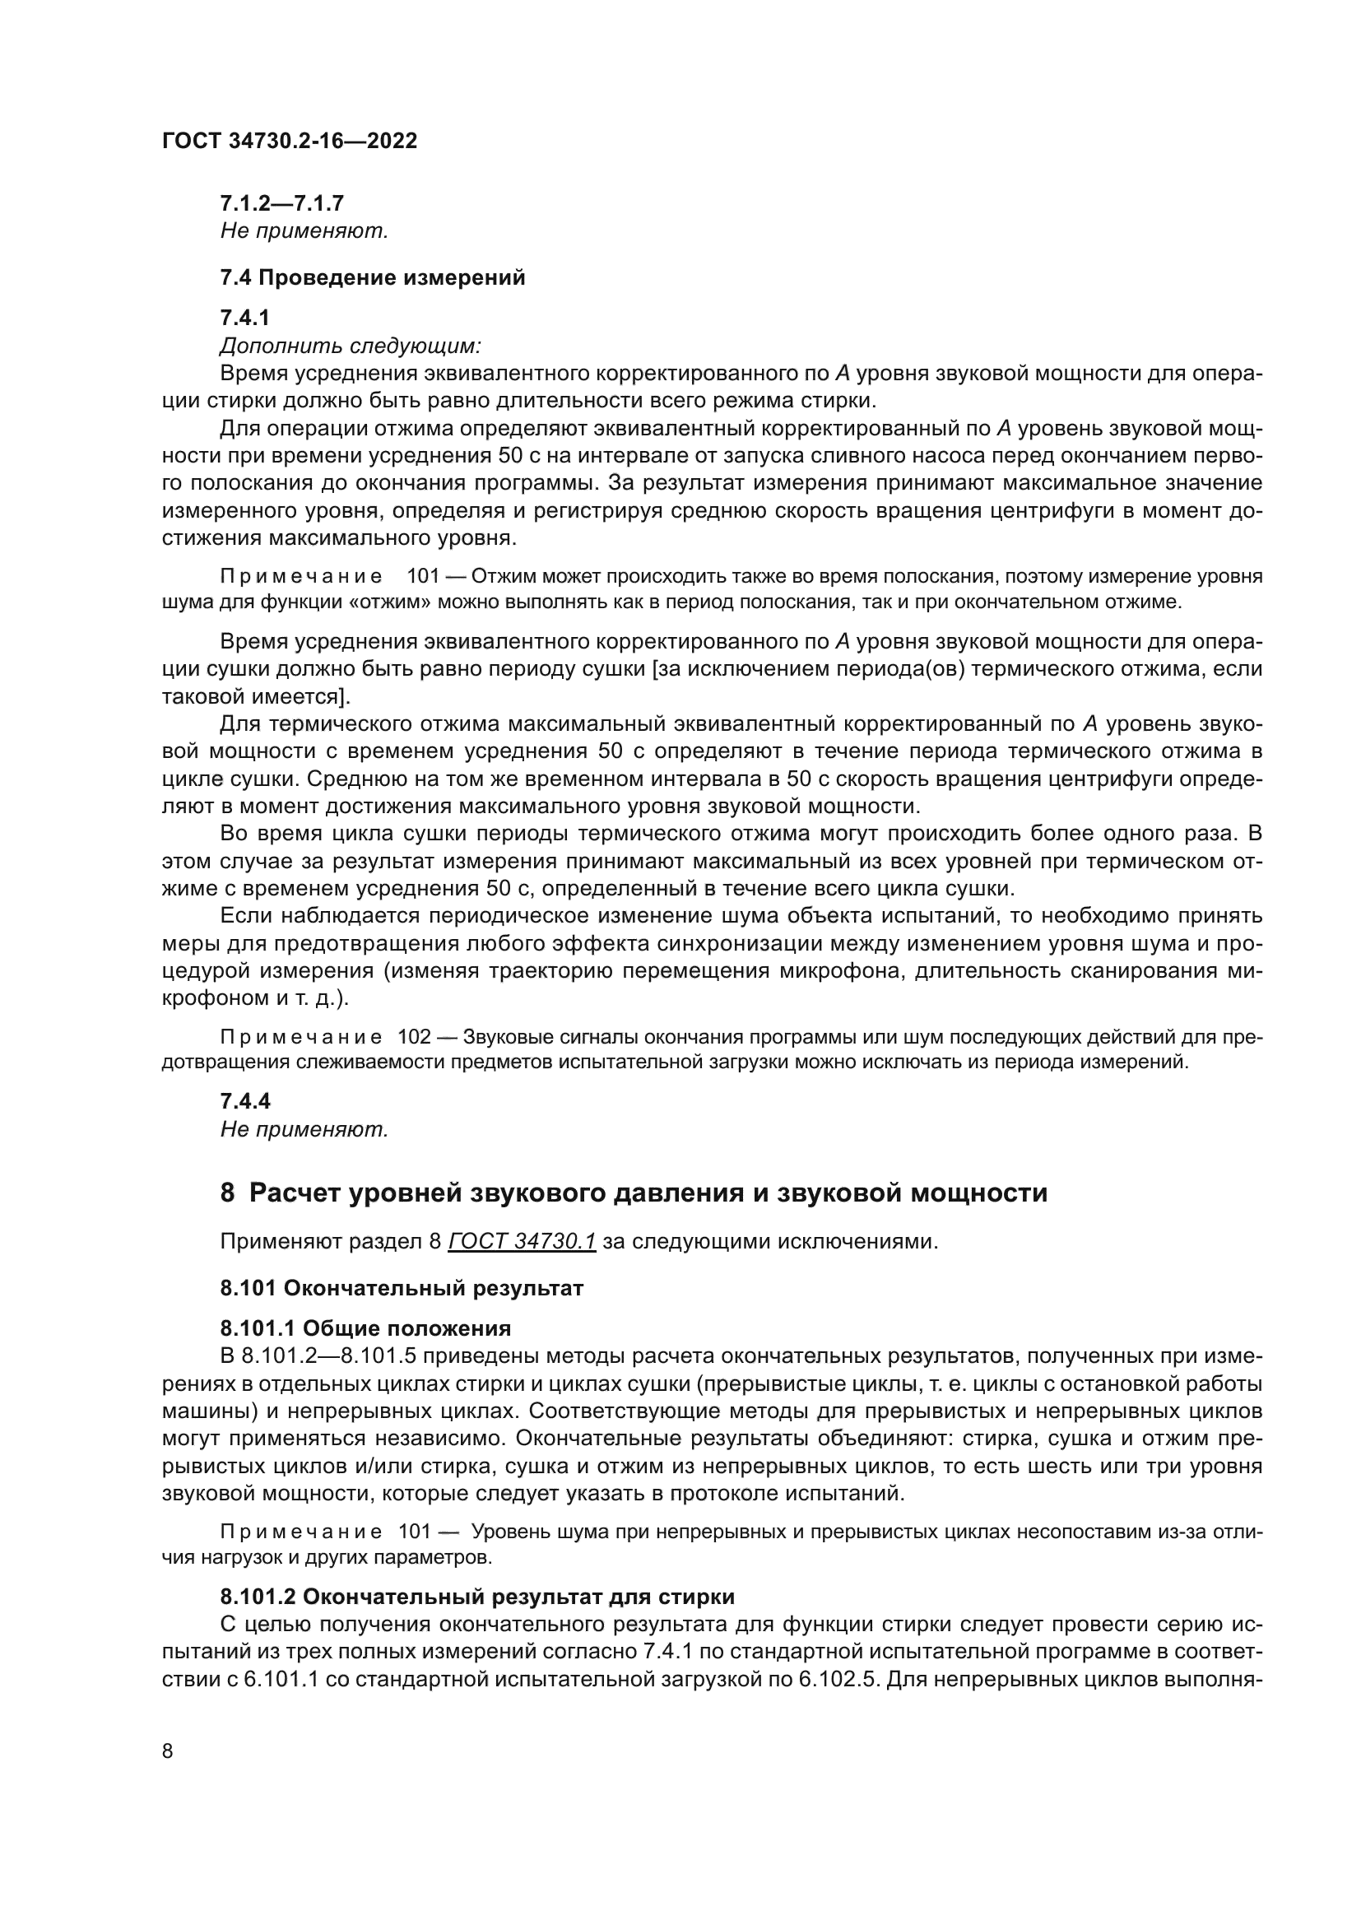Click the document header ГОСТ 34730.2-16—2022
[289, 141]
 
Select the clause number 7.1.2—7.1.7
[281, 203]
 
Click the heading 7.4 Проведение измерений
[372, 277]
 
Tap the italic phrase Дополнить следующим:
[351, 346]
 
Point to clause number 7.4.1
[244, 318]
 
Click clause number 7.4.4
[244, 1101]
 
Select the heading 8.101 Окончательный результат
[402, 1288]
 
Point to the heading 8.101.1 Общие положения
[365, 1328]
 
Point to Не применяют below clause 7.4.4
[304, 1129]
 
